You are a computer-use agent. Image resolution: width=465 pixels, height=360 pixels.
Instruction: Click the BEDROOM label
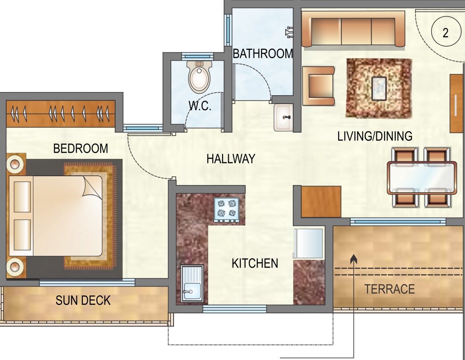coord(81,148)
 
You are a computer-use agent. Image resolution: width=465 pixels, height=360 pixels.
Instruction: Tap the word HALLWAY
coord(230,159)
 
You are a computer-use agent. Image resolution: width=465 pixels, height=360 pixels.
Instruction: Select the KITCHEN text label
coord(255,263)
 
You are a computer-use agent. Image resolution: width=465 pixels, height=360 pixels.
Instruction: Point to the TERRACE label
coord(390,289)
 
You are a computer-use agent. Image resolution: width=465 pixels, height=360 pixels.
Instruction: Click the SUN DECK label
coord(83,300)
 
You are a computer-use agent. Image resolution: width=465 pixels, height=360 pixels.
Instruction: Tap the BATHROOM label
coord(263,54)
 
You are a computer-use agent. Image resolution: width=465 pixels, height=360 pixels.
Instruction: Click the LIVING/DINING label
coord(375,136)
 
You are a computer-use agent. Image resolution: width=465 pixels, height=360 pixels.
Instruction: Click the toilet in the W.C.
coord(199,77)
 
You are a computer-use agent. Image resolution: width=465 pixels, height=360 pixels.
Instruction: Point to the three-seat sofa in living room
coord(353,29)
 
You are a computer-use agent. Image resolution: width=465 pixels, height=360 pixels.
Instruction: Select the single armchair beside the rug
coord(319,86)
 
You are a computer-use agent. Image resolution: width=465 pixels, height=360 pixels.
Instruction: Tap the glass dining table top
coord(422,178)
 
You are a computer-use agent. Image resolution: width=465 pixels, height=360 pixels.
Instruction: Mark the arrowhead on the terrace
coord(354,257)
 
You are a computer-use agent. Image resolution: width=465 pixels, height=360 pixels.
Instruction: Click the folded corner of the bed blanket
coord(92,186)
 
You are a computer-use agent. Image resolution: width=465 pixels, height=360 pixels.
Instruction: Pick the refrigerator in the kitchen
coord(308,243)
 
